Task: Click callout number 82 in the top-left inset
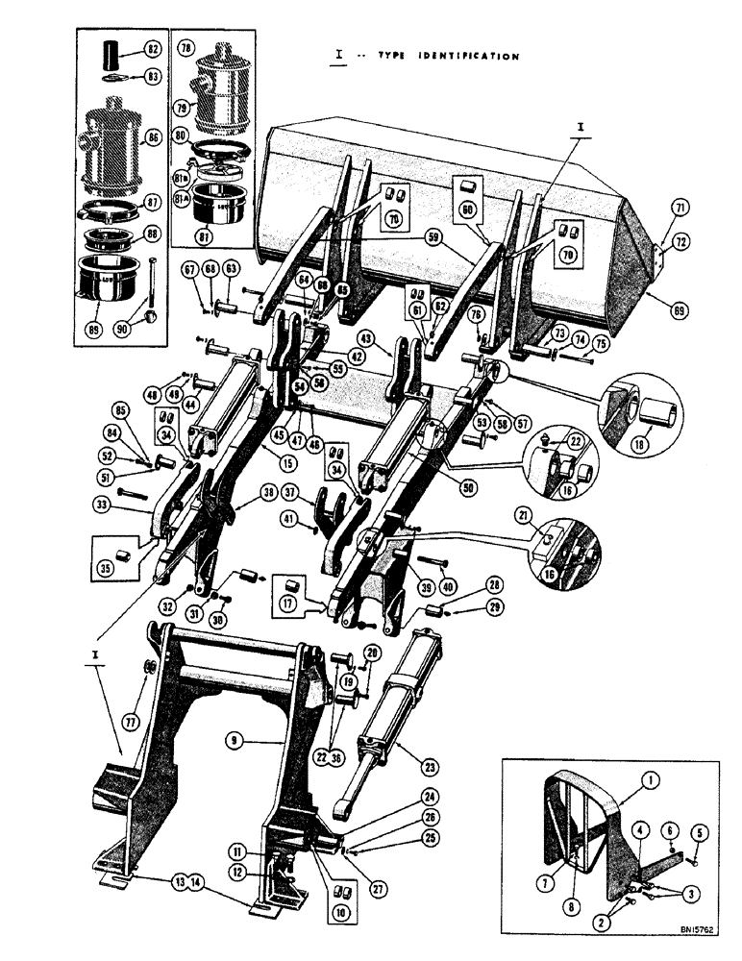[152, 47]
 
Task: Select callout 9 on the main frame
[234, 740]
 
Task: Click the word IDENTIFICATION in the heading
[469, 56]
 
